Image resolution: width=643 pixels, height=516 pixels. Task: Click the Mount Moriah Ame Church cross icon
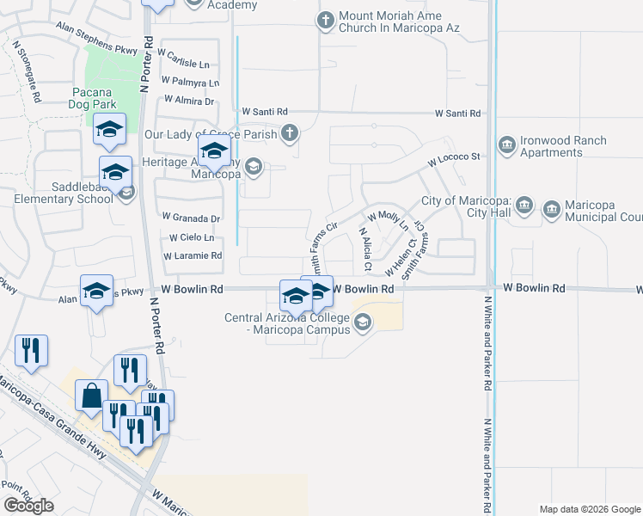click(x=326, y=21)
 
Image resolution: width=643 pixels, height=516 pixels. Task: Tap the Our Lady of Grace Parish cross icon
click(x=291, y=133)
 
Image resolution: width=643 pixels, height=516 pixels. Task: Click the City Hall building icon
click(x=525, y=206)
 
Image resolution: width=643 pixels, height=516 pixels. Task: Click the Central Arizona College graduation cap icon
click(x=363, y=322)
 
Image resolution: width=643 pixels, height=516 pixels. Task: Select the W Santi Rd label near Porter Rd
click(x=264, y=112)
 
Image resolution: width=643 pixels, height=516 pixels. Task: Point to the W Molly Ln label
click(x=388, y=217)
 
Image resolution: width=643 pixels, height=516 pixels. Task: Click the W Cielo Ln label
click(x=192, y=237)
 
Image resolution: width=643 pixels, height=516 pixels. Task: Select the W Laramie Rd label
click(x=193, y=256)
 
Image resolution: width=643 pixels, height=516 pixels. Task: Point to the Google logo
click(x=28, y=506)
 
